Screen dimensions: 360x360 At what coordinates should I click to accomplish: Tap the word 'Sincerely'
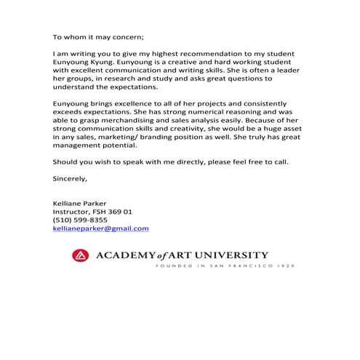coord(70,177)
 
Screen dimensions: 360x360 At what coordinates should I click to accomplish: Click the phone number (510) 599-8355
coord(80,220)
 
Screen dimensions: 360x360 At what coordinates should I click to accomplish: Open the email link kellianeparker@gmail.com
coord(101,228)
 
